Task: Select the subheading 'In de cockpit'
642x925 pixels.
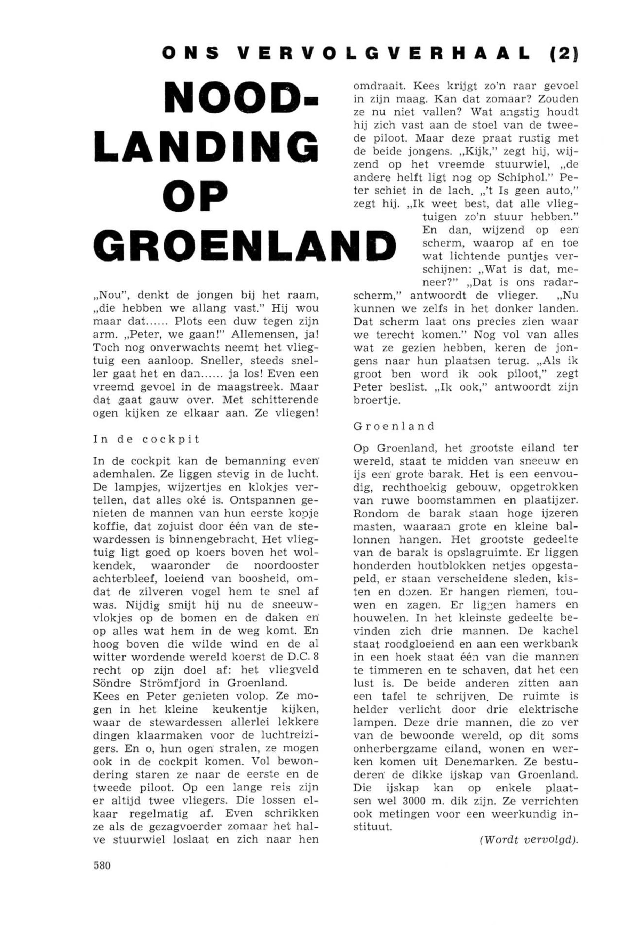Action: pos(146,440)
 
